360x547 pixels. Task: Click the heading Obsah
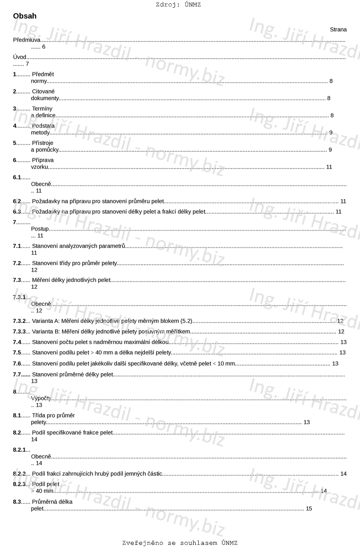pyautogui.click(x=25, y=16)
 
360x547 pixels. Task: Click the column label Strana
pyautogui.click(x=338, y=29)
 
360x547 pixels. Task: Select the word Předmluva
pyautogui.click(x=27, y=40)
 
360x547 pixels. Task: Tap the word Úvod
pyautogui.click(x=20, y=57)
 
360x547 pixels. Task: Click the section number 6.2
pyautogui.click(x=17, y=201)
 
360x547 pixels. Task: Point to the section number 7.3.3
pyautogui.click(x=19, y=331)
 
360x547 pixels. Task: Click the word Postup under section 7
pyautogui.click(x=40, y=229)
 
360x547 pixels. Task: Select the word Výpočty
pyautogui.click(x=41, y=398)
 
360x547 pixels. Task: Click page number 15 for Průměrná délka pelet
pyautogui.click(x=309, y=509)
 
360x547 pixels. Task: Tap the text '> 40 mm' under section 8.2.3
pyautogui.click(x=42, y=491)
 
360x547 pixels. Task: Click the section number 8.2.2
pyautogui.click(x=19, y=474)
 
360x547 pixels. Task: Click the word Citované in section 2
pyautogui.click(x=44, y=91)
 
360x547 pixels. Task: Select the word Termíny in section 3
pyautogui.click(x=42, y=109)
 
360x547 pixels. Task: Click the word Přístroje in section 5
pyautogui.click(x=43, y=143)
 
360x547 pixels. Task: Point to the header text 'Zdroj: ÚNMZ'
pyautogui.click(x=178, y=5)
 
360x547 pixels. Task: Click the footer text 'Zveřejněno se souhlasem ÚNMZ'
pyautogui.click(x=180, y=543)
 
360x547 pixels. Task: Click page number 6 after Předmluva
pyautogui.click(x=44, y=47)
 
